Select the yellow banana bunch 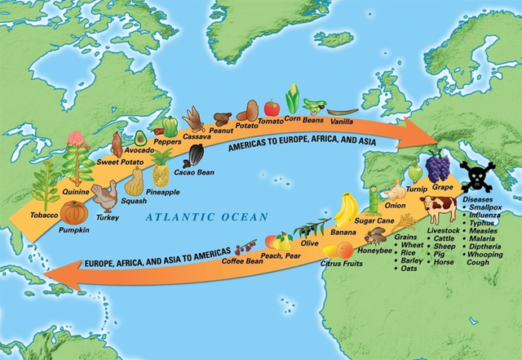coord(347,211)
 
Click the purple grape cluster coord(439,167)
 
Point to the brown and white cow coord(439,210)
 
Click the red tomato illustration coord(272,107)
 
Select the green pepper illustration coord(170,126)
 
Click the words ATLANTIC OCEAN coord(207,216)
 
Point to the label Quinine coord(76,191)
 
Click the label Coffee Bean coord(242,261)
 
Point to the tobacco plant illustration coord(46,184)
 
